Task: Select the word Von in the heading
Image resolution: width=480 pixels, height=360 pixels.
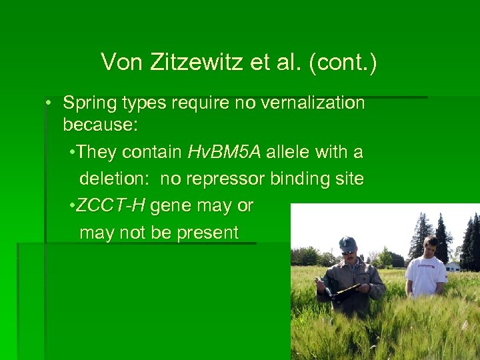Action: (121, 63)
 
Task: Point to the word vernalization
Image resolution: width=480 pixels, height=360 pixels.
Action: (319, 103)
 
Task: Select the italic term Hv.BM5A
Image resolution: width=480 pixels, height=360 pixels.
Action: (224, 153)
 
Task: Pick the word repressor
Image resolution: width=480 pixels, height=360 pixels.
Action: (229, 179)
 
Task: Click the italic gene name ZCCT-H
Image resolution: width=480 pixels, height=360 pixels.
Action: (111, 206)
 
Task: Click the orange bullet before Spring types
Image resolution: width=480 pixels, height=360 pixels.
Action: (49, 103)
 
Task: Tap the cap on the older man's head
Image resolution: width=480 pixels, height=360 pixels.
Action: (347, 243)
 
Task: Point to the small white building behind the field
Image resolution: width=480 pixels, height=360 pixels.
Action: (453, 267)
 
